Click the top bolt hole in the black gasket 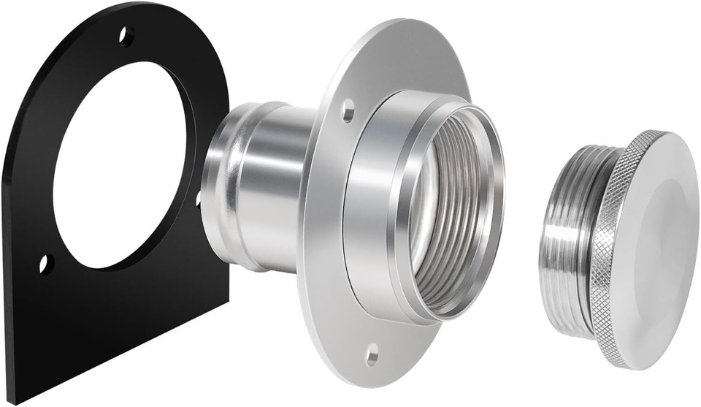point(126,35)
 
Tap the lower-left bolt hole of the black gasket point(45,262)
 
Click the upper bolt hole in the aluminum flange point(348,112)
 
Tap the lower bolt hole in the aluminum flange point(372,356)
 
